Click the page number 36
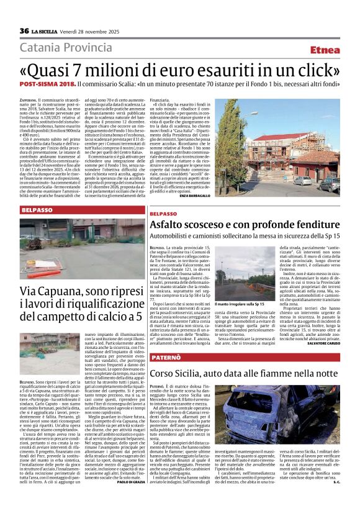(24, 31)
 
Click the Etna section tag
(325, 49)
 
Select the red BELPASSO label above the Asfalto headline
(164, 214)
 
